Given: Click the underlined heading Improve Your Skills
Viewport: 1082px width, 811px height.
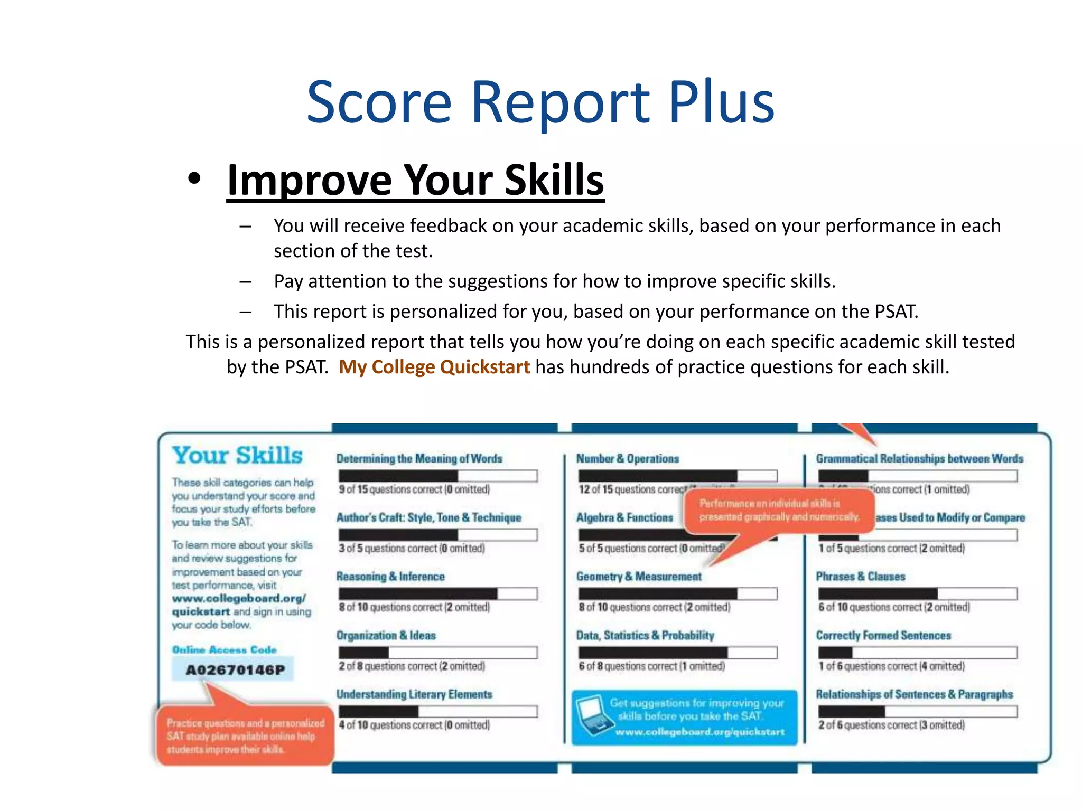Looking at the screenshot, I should coord(415,180).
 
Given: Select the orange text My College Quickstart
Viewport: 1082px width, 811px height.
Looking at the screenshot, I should coord(434,367).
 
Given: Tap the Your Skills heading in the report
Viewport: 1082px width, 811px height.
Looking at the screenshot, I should coord(238,456).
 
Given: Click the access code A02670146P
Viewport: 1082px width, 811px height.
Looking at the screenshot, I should coord(235,670).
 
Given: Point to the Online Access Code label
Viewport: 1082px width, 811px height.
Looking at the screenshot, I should coord(225,649).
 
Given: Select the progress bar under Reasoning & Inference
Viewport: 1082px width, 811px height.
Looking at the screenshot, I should coord(437,594).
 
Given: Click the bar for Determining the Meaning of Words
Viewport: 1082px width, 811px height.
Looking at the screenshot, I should coord(437,476).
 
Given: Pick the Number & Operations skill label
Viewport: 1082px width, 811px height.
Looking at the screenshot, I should coord(627,459).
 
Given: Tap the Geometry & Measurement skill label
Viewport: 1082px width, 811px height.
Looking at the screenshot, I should coord(639,577).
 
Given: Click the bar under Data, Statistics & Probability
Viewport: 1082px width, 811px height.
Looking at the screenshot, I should coord(677,653).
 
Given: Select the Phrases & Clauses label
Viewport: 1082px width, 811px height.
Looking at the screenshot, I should coord(860,577).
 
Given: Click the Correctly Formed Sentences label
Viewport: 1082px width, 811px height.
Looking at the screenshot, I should coord(883,635).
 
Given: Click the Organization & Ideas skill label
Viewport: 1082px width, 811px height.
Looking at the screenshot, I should coord(386,635).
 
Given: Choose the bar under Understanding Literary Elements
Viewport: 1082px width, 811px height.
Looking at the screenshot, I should coord(437,711).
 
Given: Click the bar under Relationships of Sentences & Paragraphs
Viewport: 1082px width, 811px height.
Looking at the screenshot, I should coord(917,711).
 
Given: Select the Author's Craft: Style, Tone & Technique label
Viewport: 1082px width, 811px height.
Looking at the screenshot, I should coord(429,517).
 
